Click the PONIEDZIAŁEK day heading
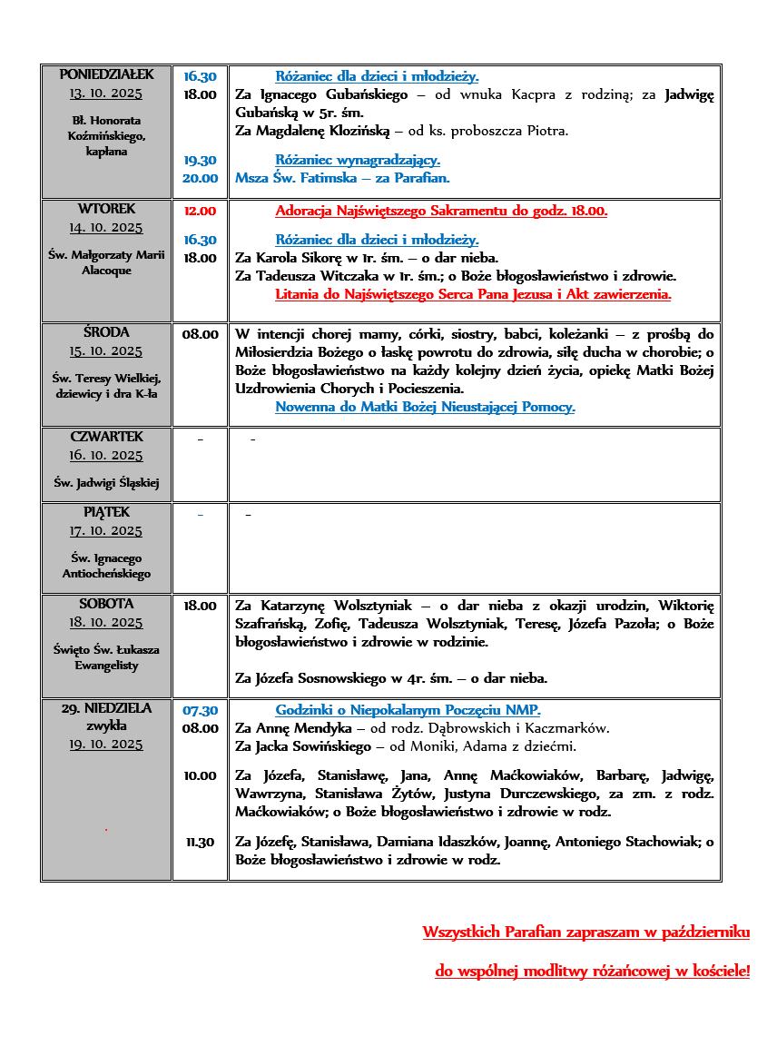(x=106, y=74)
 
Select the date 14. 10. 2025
(x=106, y=228)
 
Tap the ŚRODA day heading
(x=106, y=332)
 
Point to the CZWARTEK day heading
(x=106, y=437)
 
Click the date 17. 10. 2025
(x=106, y=530)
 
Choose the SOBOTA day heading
(x=106, y=603)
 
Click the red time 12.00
(x=200, y=211)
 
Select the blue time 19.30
(x=200, y=160)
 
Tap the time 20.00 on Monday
(x=200, y=178)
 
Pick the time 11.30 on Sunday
(x=200, y=842)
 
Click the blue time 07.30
(x=200, y=710)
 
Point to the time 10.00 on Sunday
(x=200, y=775)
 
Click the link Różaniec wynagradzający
(x=358, y=160)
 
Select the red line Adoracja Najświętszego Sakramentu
(x=441, y=211)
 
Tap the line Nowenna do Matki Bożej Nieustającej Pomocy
(x=425, y=407)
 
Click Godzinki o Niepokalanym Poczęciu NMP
(x=408, y=710)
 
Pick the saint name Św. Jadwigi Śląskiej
(x=106, y=483)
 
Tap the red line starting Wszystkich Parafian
(x=585, y=933)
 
